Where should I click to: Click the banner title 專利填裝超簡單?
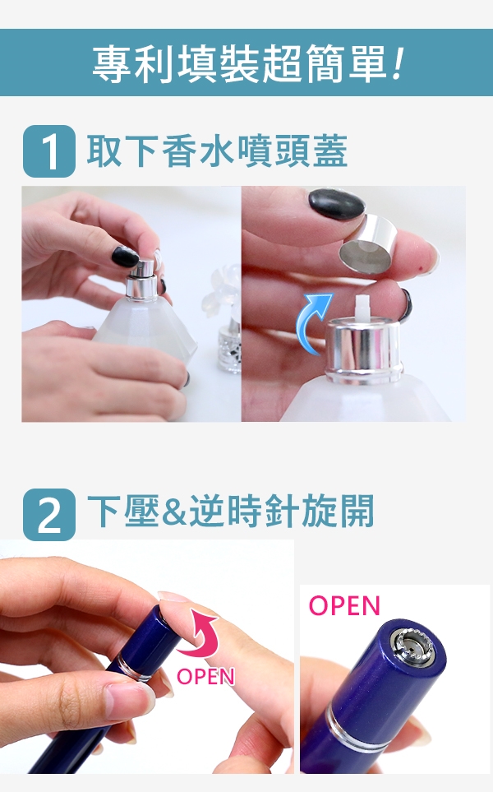(248, 64)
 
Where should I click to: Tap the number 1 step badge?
(49, 151)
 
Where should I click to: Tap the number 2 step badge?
(49, 514)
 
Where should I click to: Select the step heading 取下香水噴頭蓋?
(217, 151)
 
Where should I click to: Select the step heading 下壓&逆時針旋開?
(231, 511)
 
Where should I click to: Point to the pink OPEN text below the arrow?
(205, 676)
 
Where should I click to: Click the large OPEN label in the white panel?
(343, 605)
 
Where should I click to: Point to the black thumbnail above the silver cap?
(337, 205)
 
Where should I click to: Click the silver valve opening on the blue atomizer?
(414, 646)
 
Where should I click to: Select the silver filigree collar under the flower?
(230, 350)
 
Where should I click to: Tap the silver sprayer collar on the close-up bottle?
(363, 350)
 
